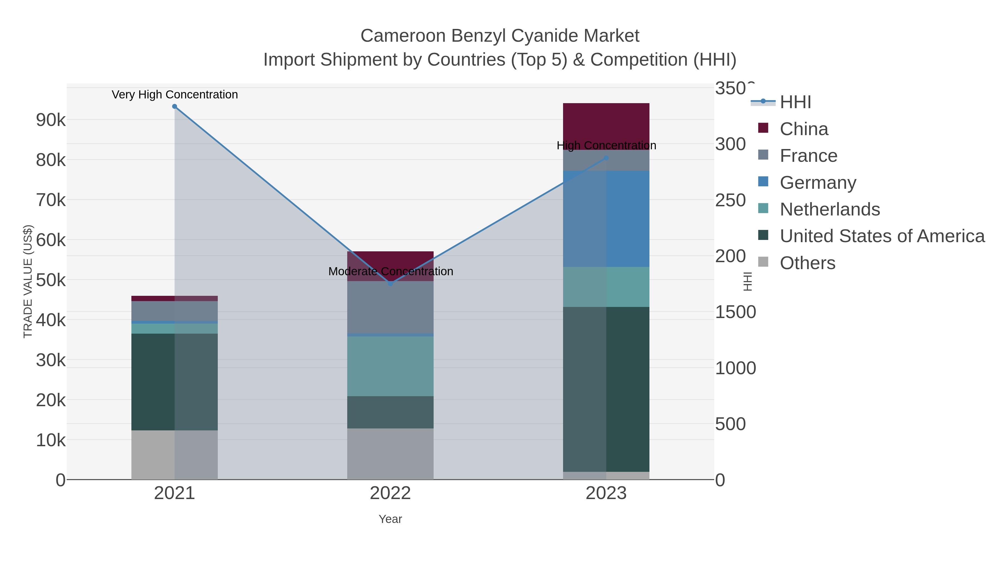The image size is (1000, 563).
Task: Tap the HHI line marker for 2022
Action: click(391, 284)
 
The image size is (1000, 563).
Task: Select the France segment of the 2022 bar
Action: click(390, 307)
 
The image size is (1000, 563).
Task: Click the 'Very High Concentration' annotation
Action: click(175, 95)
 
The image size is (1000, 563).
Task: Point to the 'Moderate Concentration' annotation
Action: click(391, 271)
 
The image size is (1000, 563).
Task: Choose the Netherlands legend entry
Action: click(829, 209)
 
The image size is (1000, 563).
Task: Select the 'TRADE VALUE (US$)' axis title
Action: click(28, 281)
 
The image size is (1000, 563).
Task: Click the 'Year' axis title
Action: click(390, 519)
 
